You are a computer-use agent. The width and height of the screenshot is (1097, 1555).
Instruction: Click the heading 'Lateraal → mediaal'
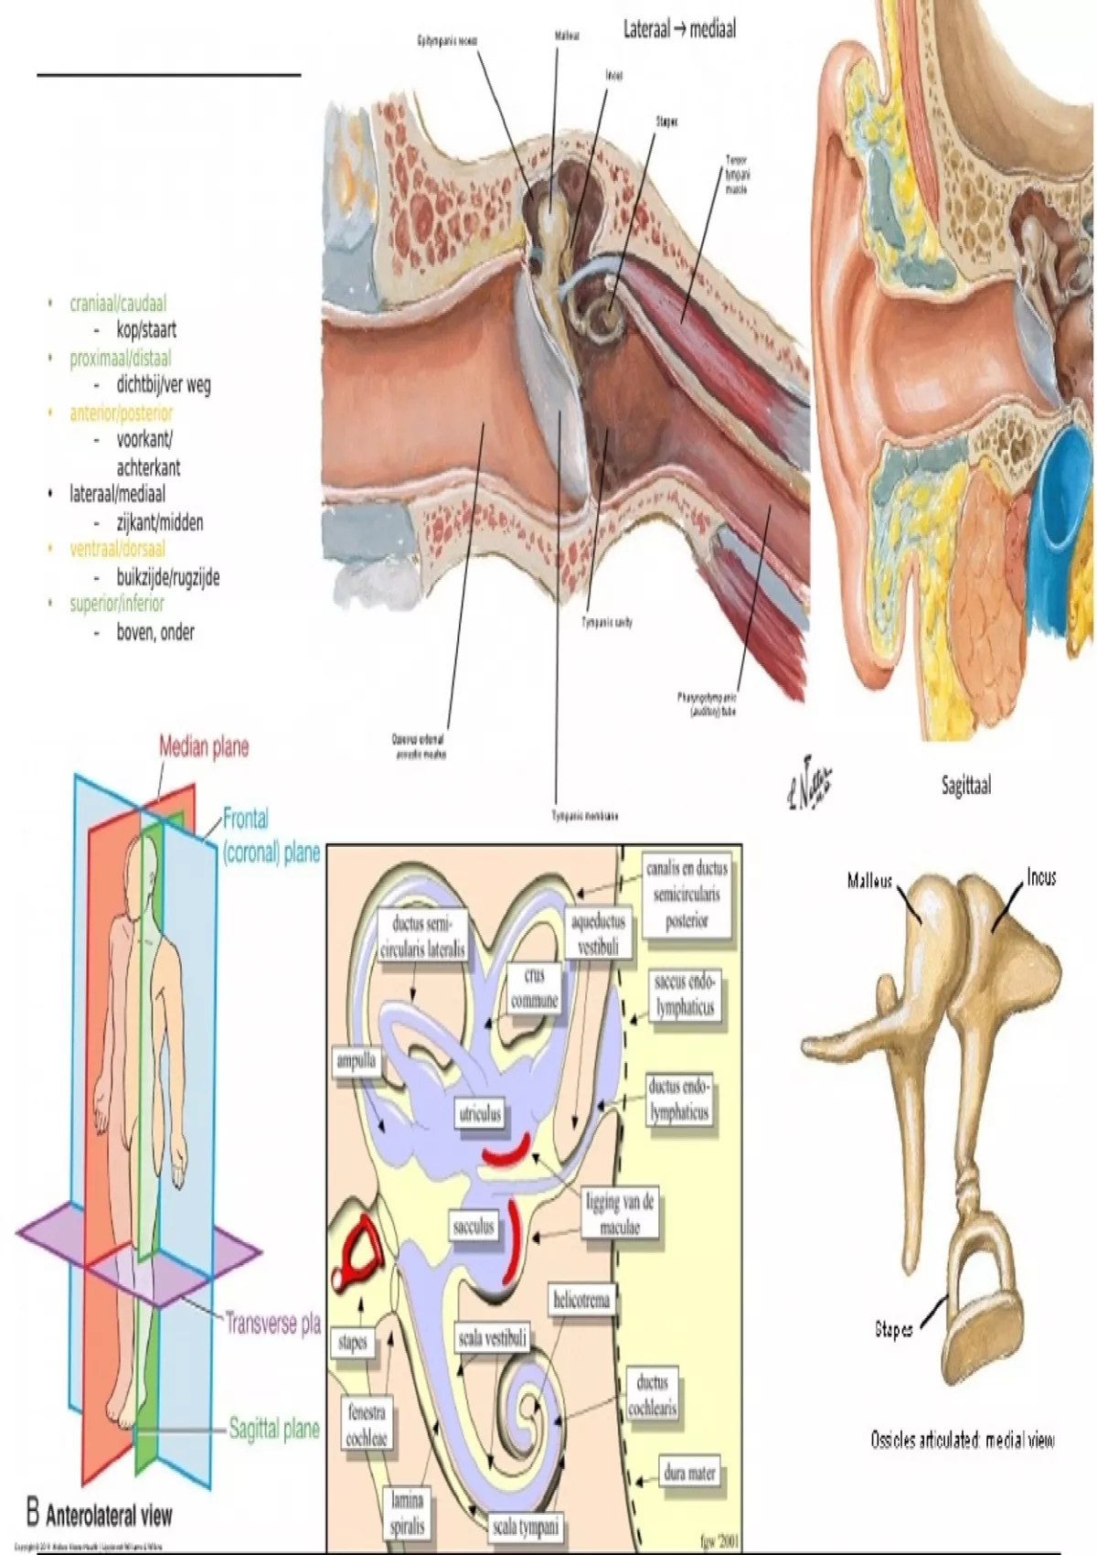pos(679,29)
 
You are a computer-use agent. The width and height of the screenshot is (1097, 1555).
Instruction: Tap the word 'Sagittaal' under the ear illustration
pos(965,785)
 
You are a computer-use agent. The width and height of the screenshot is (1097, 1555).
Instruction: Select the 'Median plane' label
pos(204,747)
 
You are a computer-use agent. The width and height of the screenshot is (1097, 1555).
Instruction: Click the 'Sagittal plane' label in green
pos(273,1429)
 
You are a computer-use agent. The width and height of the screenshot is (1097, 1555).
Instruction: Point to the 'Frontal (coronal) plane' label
pos(271,836)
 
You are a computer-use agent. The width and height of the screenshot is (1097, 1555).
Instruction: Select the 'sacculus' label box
pos(474,1226)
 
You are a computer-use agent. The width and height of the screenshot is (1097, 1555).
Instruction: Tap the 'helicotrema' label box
pos(581,1300)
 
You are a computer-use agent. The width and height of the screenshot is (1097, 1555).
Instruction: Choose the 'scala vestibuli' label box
pos(492,1339)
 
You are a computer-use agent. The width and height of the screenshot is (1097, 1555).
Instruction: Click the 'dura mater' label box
pos(689,1473)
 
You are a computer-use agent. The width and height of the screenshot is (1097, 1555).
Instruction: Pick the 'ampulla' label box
pos(357,1061)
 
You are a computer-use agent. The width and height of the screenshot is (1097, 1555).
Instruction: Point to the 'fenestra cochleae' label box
pos(367,1425)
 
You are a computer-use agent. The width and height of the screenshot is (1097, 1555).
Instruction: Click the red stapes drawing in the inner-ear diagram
pos(358,1248)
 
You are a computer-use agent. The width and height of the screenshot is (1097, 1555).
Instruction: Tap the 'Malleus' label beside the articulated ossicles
pos(869,881)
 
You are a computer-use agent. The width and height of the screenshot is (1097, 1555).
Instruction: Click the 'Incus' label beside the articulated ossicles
pos(1040,877)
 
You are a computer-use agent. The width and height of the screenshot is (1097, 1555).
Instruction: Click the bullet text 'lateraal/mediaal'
pos(118,494)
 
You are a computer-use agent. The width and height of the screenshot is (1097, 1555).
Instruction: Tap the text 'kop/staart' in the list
pos(146,329)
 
